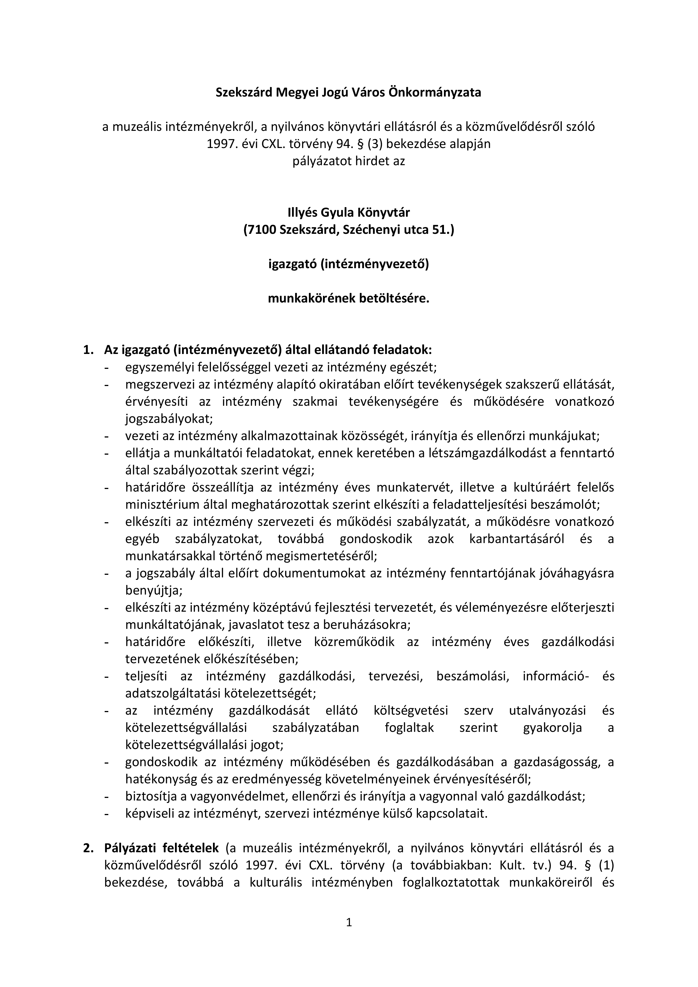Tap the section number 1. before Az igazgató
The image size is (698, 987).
(x=89, y=350)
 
